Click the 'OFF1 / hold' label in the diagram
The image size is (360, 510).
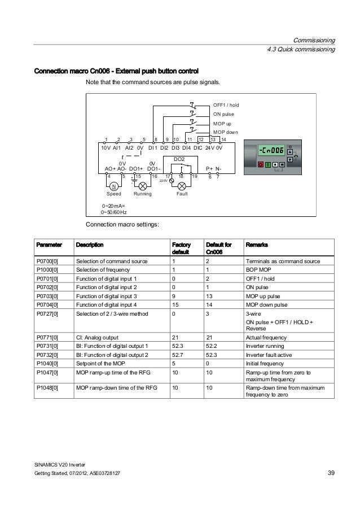[x=226, y=105]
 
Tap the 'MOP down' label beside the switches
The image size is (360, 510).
[x=226, y=132]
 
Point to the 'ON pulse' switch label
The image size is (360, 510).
[x=224, y=114]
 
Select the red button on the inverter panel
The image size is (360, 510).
[x=260, y=164]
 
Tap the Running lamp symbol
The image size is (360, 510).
[x=143, y=186]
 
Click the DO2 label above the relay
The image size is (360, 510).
[x=179, y=160]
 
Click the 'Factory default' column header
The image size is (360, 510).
[x=181, y=249]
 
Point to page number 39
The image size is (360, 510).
[x=331, y=472]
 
